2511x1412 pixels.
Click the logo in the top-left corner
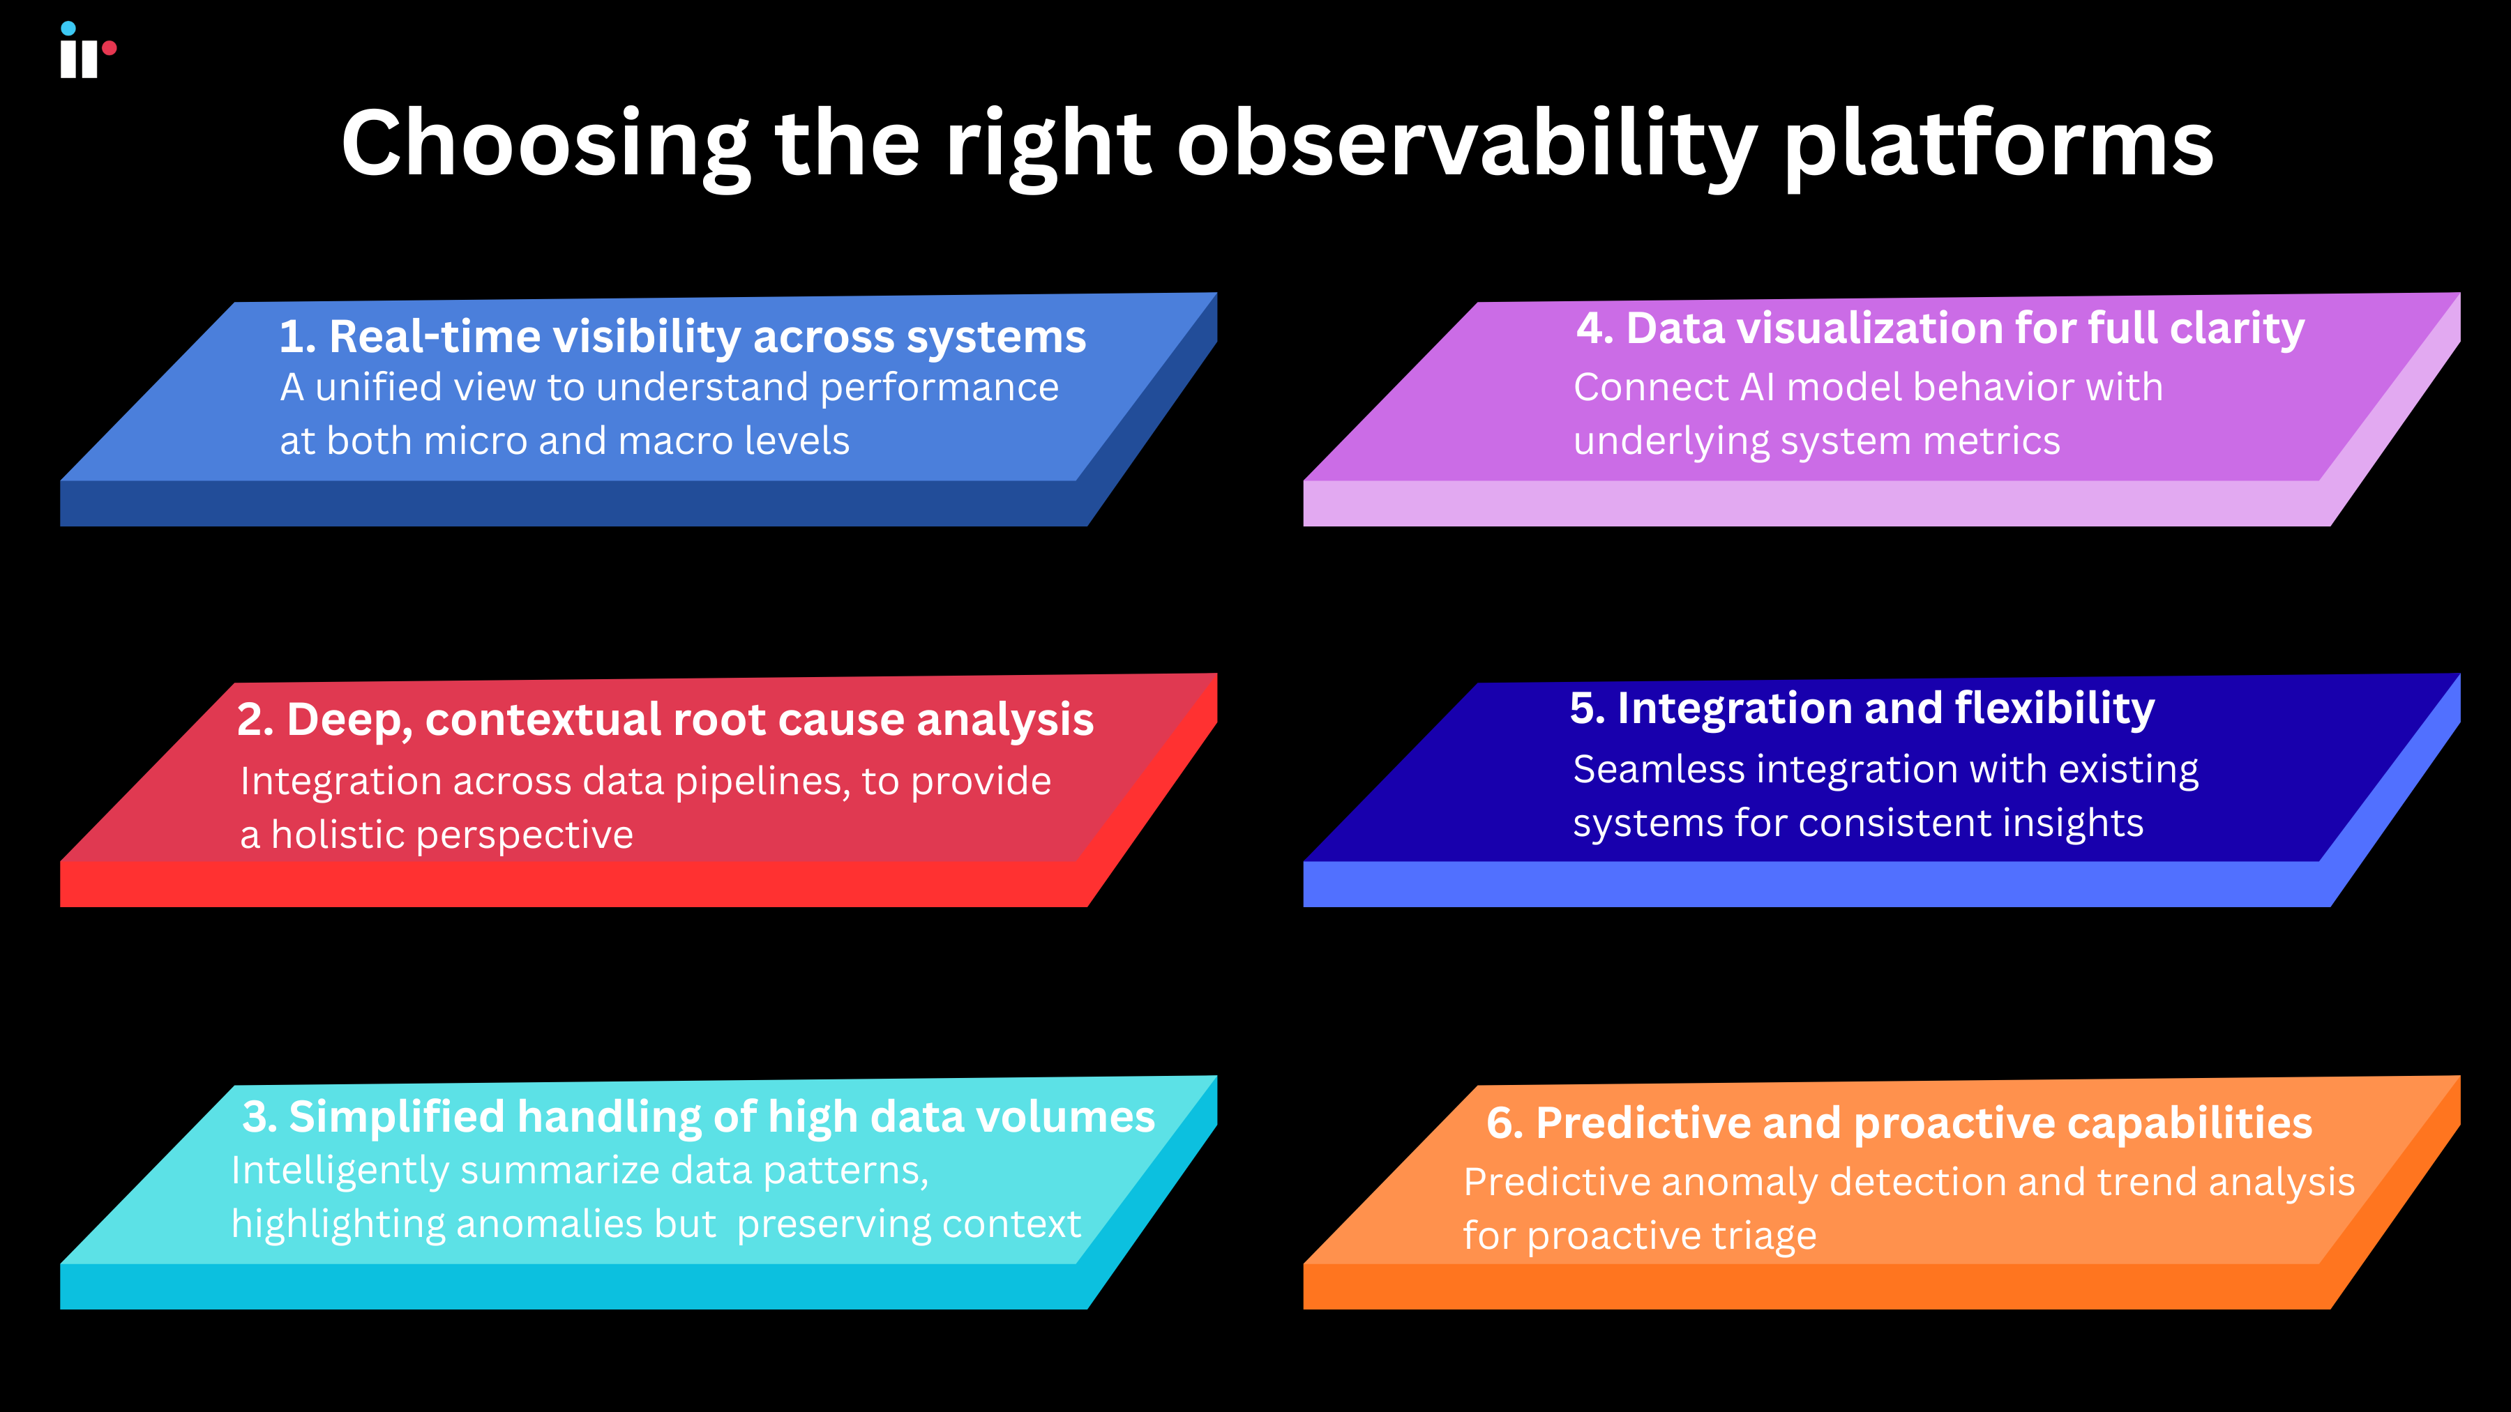[86, 51]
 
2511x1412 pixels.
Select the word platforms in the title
[1998, 144]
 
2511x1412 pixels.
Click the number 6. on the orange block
[1504, 1123]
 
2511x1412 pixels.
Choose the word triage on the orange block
[1763, 1236]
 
